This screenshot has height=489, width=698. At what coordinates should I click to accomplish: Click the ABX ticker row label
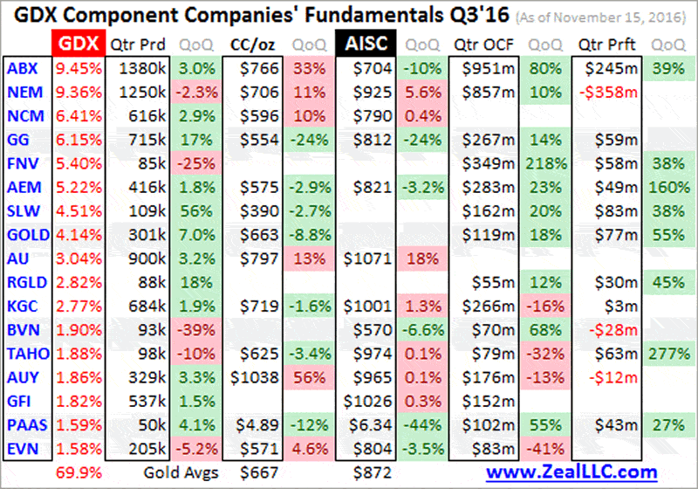coord(19,67)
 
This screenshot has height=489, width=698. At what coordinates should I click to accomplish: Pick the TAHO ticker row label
coord(24,352)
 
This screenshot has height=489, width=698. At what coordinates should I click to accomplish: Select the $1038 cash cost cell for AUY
coord(252,377)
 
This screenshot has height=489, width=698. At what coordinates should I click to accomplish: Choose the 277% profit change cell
coord(666,352)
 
